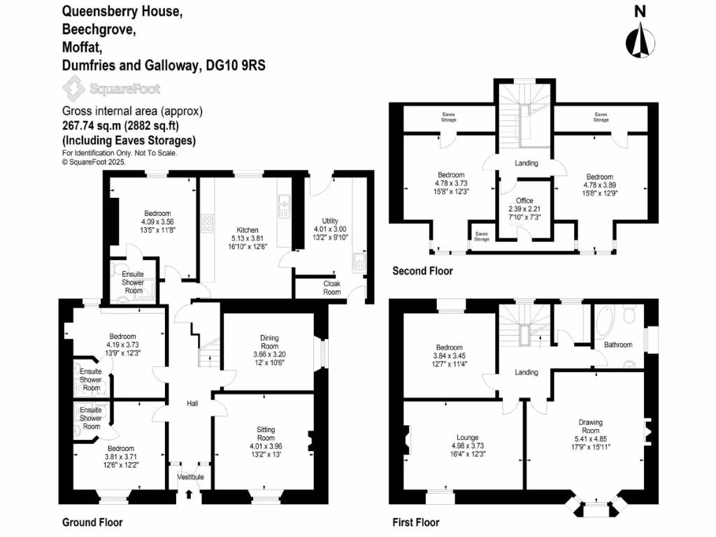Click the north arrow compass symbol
tap(639, 38)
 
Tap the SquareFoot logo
tap(111, 89)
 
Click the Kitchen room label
tap(247, 230)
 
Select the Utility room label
tap(329, 220)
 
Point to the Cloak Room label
tap(331, 287)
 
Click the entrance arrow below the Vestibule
tap(189, 495)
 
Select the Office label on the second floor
tap(524, 201)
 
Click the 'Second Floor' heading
tap(422, 271)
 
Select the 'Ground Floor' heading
tap(92, 522)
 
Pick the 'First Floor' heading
tap(416, 522)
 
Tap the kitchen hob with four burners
tap(208, 223)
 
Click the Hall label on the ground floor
tap(192, 403)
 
